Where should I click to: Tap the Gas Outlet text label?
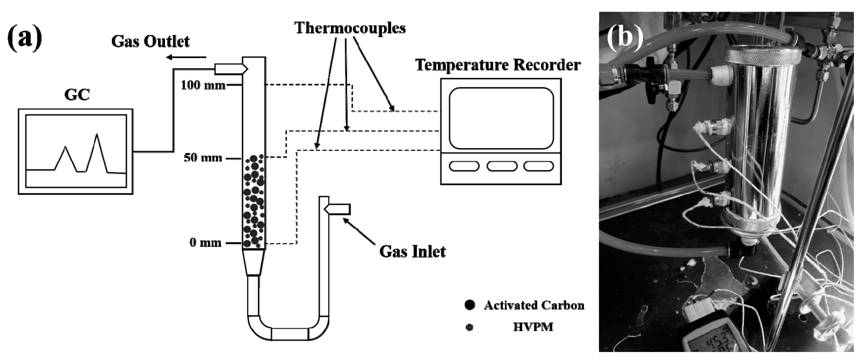pos(150,42)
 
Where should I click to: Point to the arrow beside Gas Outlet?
pos(186,57)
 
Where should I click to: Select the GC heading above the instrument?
pos(77,95)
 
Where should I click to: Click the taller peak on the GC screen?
pos(97,136)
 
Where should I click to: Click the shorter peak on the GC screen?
pos(65,148)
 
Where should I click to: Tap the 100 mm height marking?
pos(203,85)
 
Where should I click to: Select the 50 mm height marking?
pos(203,158)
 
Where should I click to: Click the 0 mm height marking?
pos(205,243)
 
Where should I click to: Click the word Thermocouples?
pos(350,28)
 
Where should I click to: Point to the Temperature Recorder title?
pos(498,65)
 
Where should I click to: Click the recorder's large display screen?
pos(501,118)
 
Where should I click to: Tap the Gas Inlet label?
pos(412,251)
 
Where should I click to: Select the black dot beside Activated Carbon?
pos(470,305)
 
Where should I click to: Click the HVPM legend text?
pos(533,327)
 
